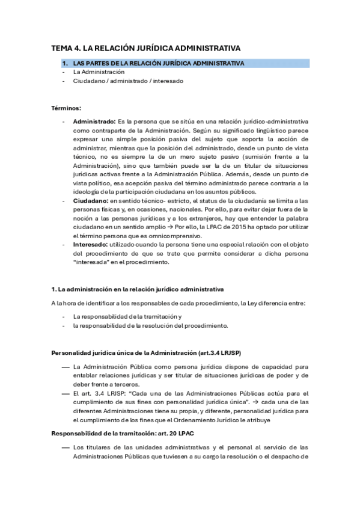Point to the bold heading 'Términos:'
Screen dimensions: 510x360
pos(66,108)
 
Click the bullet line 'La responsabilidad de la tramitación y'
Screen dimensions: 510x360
pos(127,316)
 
